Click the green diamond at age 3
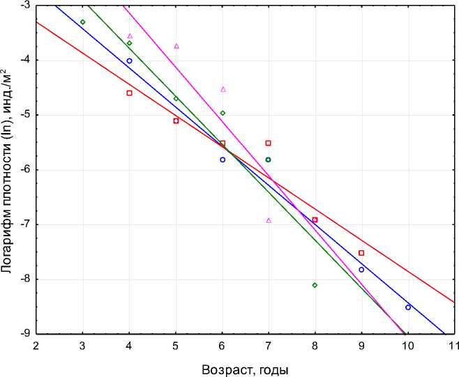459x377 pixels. tap(82, 22)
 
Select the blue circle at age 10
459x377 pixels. tap(408, 307)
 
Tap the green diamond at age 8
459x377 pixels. tap(315, 285)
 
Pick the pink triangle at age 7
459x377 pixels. tap(269, 220)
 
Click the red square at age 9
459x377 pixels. tap(361, 253)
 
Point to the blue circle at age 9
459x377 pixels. tap(361, 270)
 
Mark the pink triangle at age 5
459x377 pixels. tap(176, 46)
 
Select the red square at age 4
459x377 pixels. tap(129, 93)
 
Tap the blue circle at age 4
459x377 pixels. tap(129, 61)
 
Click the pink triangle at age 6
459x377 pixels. tap(223, 89)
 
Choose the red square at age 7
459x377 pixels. tap(268, 143)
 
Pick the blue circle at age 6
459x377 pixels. tap(223, 160)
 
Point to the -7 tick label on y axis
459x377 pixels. tap(24, 224)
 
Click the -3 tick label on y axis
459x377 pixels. tap(24, 5)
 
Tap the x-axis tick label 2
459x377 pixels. tap(36, 346)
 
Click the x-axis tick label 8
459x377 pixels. tap(315, 346)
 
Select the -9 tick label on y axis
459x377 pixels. tap(24, 334)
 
